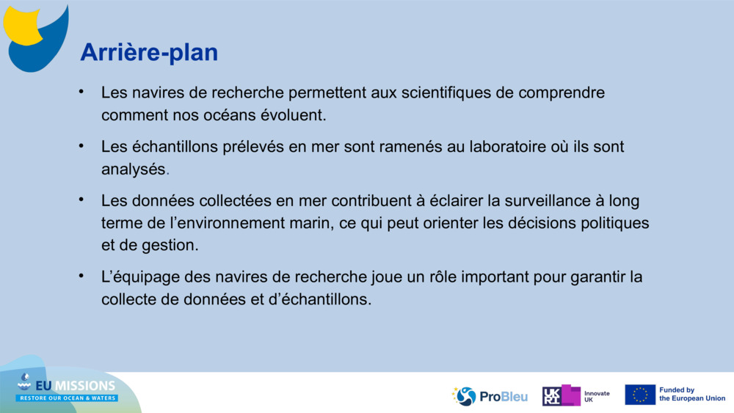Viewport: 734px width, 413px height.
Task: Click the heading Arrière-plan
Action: click(x=149, y=52)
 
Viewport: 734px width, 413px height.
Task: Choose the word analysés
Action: click(x=134, y=169)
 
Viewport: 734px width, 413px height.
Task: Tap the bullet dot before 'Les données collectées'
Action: click(x=82, y=200)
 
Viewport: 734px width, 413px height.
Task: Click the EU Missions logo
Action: click(x=67, y=390)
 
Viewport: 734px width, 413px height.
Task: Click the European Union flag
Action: click(x=639, y=395)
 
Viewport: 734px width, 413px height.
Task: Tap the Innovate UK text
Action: click(x=596, y=396)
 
